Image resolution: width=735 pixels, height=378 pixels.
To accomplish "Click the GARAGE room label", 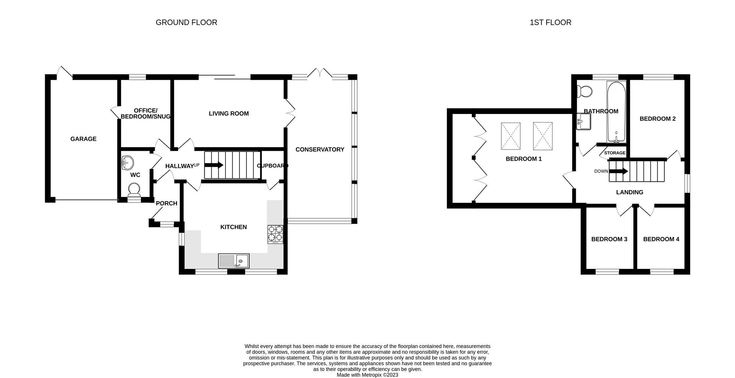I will pyautogui.click(x=83, y=139).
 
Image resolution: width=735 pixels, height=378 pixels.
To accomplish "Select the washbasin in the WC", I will pyautogui.click(x=127, y=163).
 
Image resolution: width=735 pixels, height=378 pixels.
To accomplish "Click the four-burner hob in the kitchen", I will pyautogui.click(x=275, y=234).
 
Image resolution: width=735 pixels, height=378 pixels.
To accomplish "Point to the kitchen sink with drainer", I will pyautogui.click(x=234, y=261).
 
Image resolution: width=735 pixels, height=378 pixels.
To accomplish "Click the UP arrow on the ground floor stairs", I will pyautogui.click(x=214, y=165).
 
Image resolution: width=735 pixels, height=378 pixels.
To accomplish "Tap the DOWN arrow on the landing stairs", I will pyautogui.click(x=618, y=171).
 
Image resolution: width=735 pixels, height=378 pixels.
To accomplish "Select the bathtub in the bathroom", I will pyautogui.click(x=616, y=112).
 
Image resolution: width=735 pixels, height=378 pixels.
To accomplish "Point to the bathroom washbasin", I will pyautogui.click(x=583, y=122).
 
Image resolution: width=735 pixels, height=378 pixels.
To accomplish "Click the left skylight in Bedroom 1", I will pyautogui.click(x=511, y=136).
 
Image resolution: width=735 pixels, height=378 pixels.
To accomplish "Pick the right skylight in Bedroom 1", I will pyautogui.click(x=542, y=136).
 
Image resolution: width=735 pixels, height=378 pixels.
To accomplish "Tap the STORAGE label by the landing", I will pyautogui.click(x=614, y=153).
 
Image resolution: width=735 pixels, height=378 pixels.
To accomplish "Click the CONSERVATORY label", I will pyautogui.click(x=320, y=150).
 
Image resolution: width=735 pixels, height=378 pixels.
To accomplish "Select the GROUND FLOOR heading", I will pyautogui.click(x=186, y=23).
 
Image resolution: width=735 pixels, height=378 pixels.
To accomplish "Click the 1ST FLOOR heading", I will pyautogui.click(x=550, y=23).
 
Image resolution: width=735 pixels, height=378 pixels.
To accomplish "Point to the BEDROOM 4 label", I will pyautogui.click(x=661, y=239).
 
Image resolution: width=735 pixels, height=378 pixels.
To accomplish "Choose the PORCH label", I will pyautogui.click(x=167, y=203).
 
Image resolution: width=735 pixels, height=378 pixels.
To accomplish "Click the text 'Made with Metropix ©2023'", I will pyautogui.click(x=367, y=375).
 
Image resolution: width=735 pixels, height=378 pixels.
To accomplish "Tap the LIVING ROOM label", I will pyautogui.click(x=229, y=114).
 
